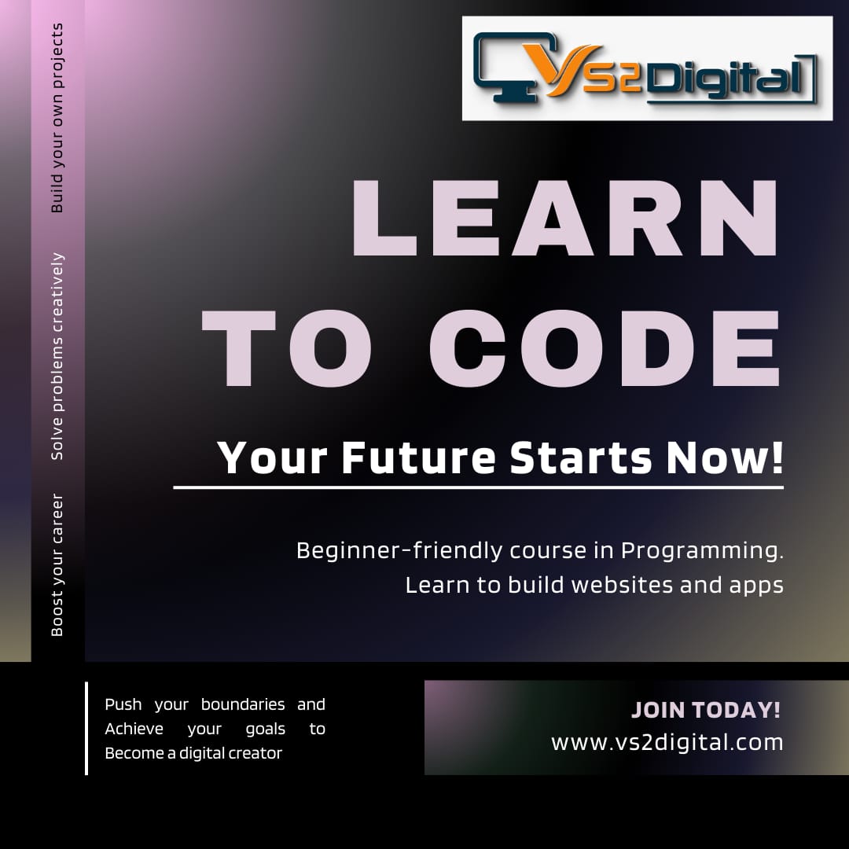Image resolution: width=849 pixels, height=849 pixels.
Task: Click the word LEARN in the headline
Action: pos(564,218)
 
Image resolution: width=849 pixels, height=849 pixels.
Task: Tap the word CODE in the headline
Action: pos(605,348)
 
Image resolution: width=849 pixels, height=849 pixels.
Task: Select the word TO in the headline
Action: pos(286,348)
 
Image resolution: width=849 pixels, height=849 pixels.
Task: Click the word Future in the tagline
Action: pos(418,458)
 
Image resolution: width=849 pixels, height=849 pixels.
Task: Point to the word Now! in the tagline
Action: pos(725,458)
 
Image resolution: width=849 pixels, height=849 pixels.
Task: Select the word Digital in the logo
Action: pos(726,79)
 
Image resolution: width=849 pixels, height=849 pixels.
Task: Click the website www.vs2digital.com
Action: pos(667,742)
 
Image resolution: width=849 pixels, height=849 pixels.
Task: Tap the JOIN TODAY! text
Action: pos(705,710)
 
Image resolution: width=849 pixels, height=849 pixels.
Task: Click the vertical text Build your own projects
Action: pos(57,118)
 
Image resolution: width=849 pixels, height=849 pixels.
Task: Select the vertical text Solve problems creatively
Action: pos(57,356)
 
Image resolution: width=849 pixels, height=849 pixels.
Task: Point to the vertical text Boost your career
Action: pos(57,564)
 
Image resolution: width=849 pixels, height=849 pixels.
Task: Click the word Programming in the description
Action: pos(702,551)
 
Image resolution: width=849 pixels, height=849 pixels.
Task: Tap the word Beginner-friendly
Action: pos(399,550)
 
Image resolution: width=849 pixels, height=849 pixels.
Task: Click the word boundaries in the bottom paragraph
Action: pos(243,704)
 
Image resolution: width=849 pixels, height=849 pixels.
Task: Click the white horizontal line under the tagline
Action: pos(478,487)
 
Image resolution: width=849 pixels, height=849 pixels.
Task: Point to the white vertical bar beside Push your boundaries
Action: pos(86,728)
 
